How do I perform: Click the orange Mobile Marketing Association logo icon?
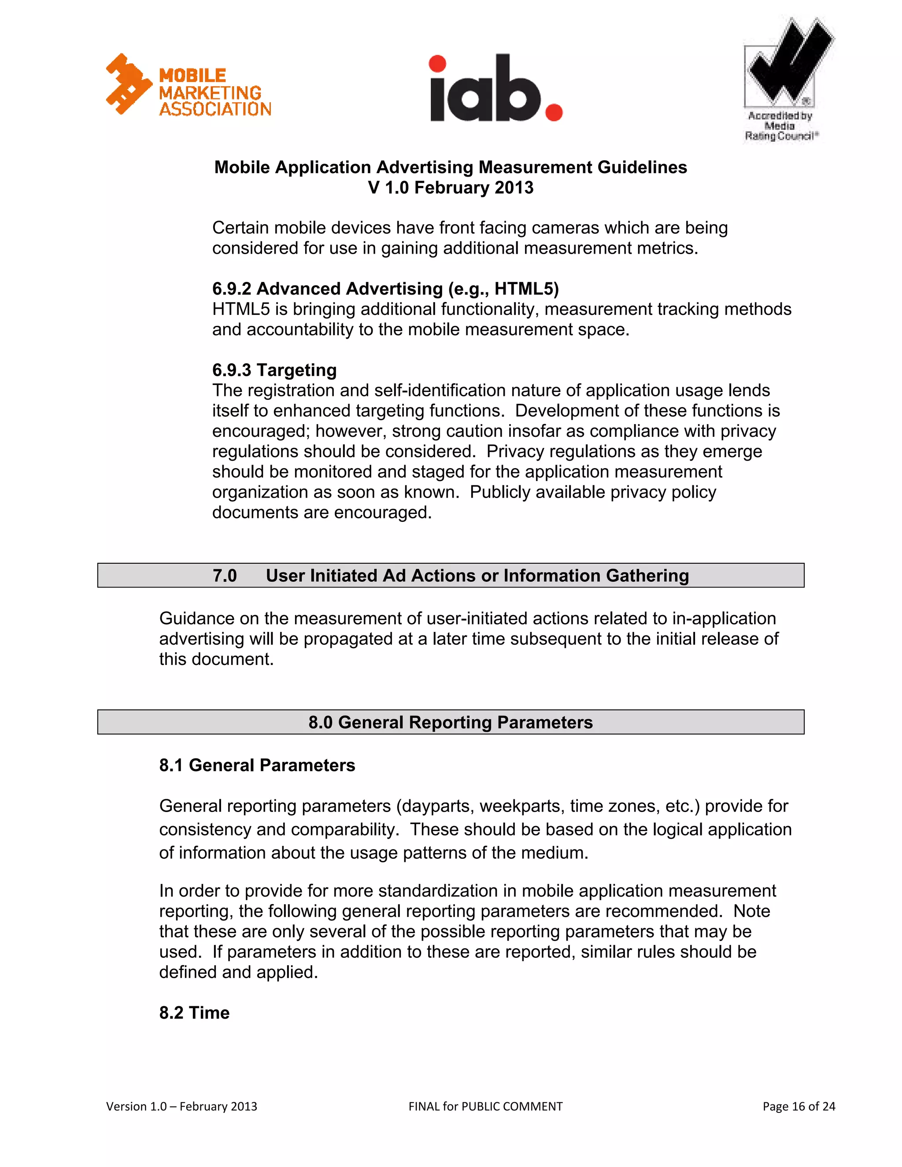[128, 84]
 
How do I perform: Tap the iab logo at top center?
[496, 88]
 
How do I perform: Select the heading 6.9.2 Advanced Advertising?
[385, 288]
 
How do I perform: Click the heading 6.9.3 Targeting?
[274, 370]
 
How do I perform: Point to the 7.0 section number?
[225, 576]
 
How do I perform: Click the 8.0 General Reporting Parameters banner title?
[451, 722]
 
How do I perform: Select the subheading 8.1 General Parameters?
[257, 765]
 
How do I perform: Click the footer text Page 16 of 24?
[798, 1106]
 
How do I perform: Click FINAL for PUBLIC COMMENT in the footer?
[485, 1106]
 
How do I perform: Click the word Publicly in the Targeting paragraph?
[499, 492]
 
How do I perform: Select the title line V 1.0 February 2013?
[451, 188]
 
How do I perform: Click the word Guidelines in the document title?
[642, 167]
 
